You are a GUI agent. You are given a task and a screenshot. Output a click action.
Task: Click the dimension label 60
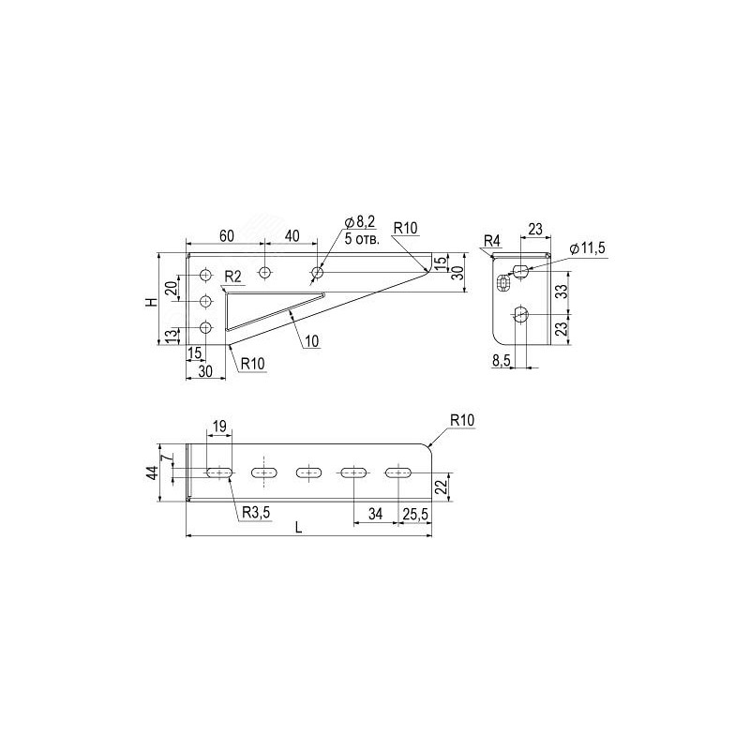[227, 236]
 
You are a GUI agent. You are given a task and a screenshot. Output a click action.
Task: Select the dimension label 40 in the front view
[292, 236]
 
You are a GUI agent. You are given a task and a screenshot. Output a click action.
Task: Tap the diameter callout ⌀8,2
[360, 222]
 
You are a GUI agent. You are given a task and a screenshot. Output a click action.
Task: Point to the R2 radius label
[232, 277]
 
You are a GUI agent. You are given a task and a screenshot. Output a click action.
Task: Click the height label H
[152, 302]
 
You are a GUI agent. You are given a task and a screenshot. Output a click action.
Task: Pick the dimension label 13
[170, 336]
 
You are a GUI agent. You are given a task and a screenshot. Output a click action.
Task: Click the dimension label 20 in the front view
[171, 288]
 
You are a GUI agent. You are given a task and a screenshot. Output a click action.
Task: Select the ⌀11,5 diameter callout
[588, 248]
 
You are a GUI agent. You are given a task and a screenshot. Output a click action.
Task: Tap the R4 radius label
[491, 241]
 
